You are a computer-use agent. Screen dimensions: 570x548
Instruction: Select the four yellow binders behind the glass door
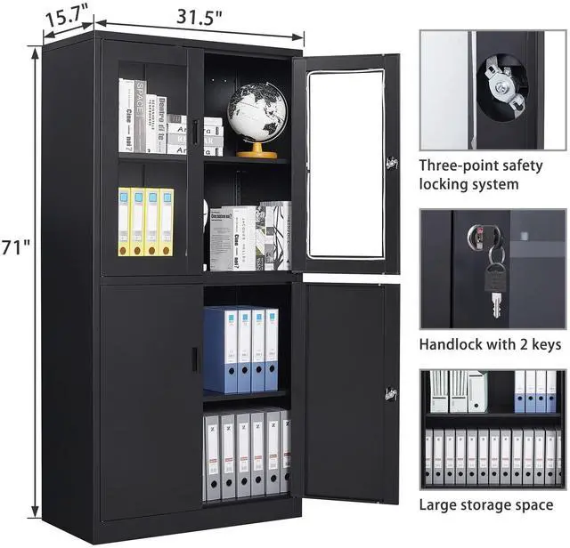[x=146, y=221]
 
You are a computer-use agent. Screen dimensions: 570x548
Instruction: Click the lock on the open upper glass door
[x=389, y=164]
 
